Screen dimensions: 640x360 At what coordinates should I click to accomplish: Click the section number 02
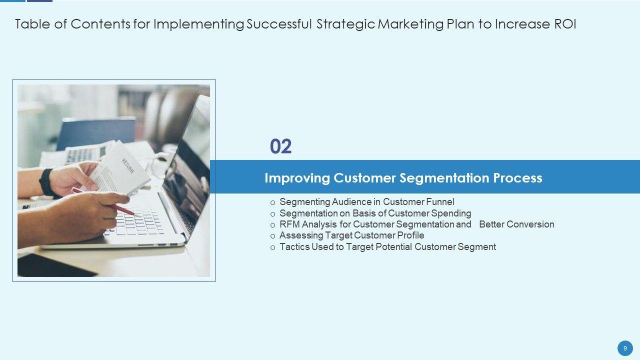pos(280,146)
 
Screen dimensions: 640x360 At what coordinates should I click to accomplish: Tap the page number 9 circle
pos(625,348)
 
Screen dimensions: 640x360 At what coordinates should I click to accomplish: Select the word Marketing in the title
pos(411,24)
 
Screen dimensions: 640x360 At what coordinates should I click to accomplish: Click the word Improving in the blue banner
pos(297,178)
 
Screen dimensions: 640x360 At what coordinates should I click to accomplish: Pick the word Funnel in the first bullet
pos(440,201)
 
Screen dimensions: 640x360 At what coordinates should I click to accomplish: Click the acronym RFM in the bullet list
pos(289,224)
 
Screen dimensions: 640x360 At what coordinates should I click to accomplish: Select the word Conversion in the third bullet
pos(530,224)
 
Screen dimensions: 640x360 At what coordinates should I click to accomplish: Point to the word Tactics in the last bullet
pos(294,246)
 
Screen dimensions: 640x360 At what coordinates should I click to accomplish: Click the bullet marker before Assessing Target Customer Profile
pos(272,236)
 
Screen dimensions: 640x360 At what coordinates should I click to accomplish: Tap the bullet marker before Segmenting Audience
pos(272,203)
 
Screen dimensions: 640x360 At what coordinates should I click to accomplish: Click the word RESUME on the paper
pos(127,166)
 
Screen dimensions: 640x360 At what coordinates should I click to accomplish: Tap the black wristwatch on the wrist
pos(46,182)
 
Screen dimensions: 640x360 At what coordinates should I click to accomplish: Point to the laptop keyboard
pos(136,221)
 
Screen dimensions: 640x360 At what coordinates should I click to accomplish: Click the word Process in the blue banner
pos(517,178)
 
